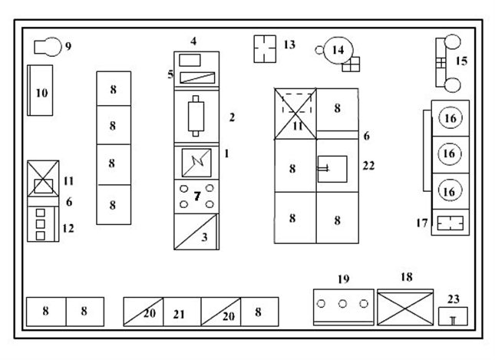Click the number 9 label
[x=68, y=47]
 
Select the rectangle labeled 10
[x=41, y=91]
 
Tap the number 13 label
[x=289, y=45]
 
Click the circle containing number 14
[x=337, y=50]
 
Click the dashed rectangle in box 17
[x=450, y=223]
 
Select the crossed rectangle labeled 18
[x=405, y=307]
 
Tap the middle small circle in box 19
[x=342, y=304]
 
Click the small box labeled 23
[x=452, y=315]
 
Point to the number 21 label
[x=180, y=314]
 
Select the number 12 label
[x=68, y=228]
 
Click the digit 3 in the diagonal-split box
[x=204, y=237]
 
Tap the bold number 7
[x=197, y=197]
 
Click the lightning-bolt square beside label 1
[x=197, y=161]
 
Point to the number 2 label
[x=231, y=117]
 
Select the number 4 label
[x=194, y=41]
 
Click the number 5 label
[x=170, y=74]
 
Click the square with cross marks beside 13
[x=264, y=48]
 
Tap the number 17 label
[x=421, y=223]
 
